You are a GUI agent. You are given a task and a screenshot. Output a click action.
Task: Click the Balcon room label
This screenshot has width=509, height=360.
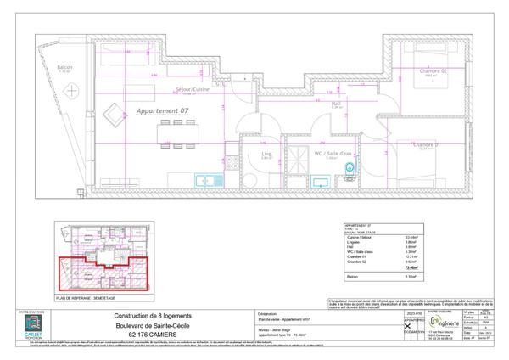64,66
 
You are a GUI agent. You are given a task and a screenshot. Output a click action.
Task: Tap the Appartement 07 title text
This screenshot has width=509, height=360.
162,111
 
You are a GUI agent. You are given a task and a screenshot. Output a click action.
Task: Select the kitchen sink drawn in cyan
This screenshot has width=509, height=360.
204,179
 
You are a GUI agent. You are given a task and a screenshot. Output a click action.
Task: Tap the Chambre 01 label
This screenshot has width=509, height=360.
427,144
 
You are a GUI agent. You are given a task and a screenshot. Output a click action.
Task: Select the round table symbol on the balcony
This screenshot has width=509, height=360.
74,89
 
